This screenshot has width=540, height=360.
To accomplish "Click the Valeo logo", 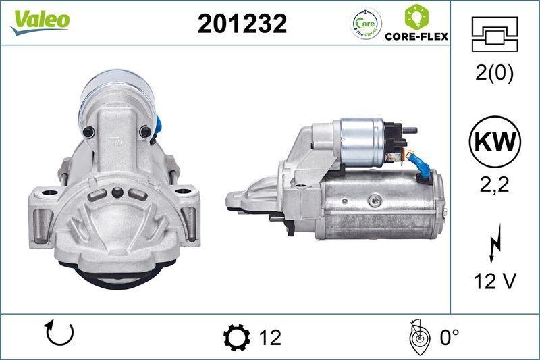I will pyautogui.click(x=40, y=20).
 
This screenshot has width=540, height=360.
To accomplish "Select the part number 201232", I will pyautogui.click(x=242, y=24).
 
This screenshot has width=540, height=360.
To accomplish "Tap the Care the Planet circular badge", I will pyautogui.click(x=366, y=24).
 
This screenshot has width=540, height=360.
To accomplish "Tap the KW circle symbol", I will pyautogui.click(x=494, y=142).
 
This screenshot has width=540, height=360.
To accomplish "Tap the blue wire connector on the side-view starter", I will pyautogui.click(x=422, y=166).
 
